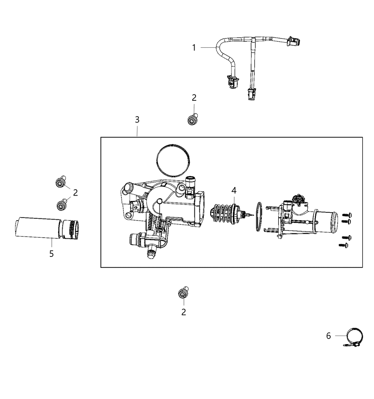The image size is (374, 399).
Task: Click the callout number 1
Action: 194,47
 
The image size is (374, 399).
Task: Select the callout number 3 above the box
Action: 137,120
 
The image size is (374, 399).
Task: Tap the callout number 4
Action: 234,191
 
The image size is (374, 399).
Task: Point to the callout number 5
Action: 52,254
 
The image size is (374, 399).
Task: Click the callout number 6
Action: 328,336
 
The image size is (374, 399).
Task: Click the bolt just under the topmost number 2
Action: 192,119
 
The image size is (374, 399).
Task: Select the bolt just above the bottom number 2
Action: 183,292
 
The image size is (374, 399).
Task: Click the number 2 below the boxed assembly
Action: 183,312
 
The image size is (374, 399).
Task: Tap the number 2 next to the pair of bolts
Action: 75,193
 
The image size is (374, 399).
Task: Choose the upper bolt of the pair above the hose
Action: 61,182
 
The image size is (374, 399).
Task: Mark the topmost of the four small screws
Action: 346,215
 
